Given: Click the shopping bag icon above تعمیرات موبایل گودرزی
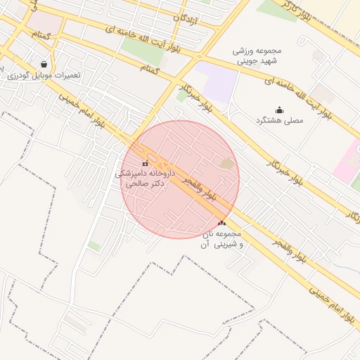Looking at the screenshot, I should click(x=44, y=64).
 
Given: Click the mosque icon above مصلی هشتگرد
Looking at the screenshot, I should click(x=279, y=110).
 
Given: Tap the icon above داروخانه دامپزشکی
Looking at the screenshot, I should click(x=145, y=164).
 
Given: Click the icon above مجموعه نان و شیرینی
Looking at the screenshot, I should click(x=222, y=223).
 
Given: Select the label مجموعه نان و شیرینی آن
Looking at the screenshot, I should click(x=222, y=238).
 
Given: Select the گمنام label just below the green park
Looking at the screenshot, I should click(x=150, y=69).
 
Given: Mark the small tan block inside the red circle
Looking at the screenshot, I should click(x=226, y=164).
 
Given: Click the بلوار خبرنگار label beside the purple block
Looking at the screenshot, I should click(x=196, y=96).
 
